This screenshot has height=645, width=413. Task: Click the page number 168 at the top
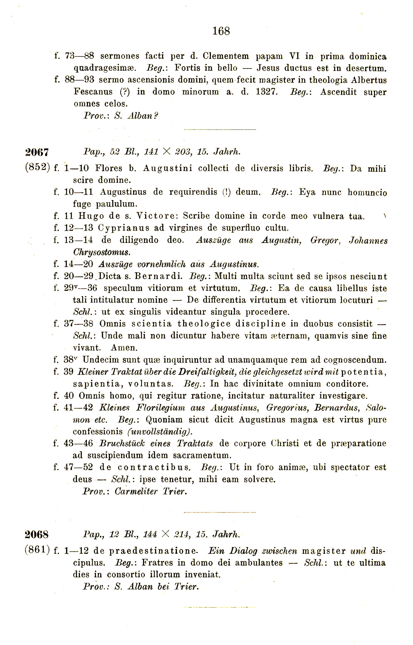[221, 31]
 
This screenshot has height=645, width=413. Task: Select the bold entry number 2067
[37, 152]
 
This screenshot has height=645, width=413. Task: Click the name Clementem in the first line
[226, 56]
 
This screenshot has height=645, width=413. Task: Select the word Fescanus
[93, 92]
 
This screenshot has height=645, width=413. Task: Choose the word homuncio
[367, 192]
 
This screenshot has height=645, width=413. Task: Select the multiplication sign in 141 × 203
[166, 152]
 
